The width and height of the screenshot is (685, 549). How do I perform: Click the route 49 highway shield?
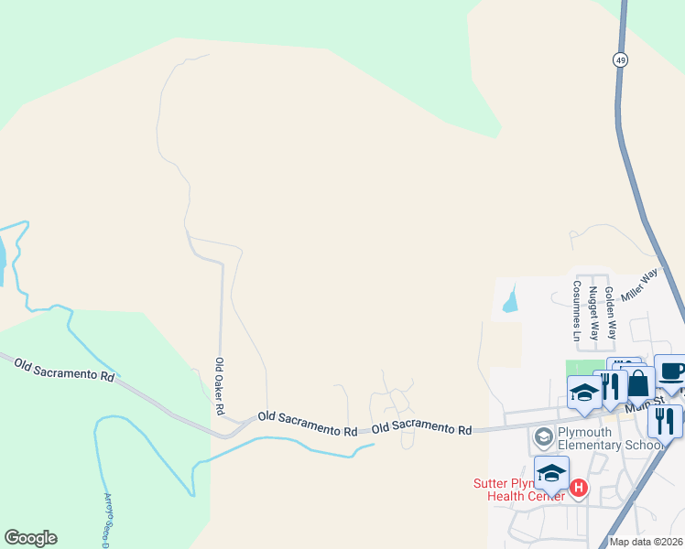tap(621, 59)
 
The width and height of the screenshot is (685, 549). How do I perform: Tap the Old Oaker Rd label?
tap(220, 386)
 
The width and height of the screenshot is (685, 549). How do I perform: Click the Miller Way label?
tap(639, 285)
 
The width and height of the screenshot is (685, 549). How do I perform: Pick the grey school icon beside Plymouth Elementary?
tap(542, 438)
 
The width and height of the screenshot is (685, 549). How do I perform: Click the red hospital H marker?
tap(578, 488)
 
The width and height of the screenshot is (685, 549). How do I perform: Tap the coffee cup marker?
tap(671, 371)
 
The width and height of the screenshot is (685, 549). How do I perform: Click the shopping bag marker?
tap(638, 384)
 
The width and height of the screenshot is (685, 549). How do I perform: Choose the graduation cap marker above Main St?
tap(584, 393)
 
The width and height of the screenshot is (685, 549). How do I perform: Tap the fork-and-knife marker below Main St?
tap(664, 420)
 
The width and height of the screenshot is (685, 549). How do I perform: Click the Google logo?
tap(30, 538)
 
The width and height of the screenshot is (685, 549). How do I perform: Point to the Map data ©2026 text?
tap(646, 542)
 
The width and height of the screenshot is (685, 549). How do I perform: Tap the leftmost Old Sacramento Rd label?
tap(64, 369)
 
